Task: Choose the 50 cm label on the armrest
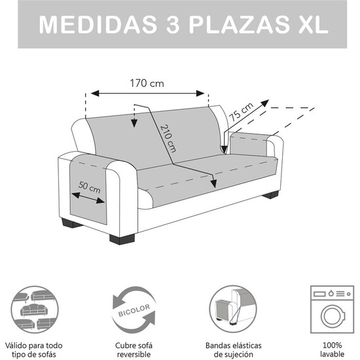tap(90, 187)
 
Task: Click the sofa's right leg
tap(269, 194)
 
